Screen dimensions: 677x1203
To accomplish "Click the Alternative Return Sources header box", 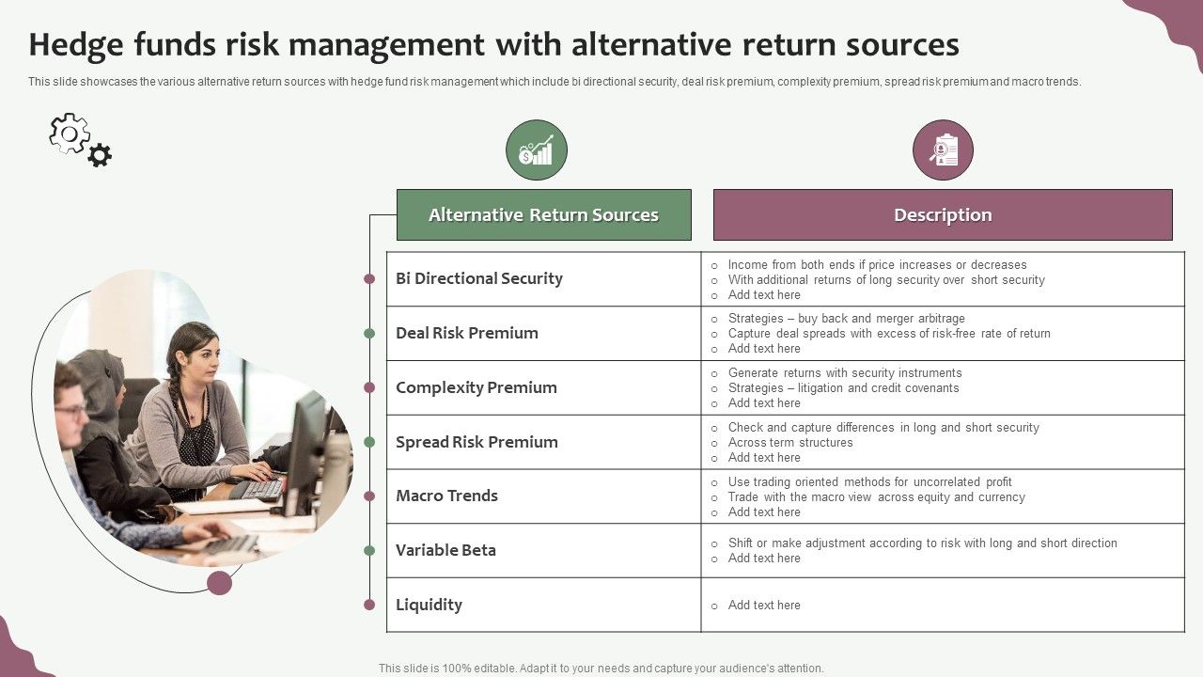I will pos(543,214).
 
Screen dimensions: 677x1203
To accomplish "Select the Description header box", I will pos(943,214).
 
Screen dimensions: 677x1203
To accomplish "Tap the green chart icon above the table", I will pos(537,150).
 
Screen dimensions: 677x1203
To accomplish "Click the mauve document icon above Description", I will pos(943,150).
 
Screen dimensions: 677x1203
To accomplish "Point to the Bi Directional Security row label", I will pos(478,278).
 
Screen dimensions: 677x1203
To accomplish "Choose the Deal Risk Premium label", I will pos(466,333).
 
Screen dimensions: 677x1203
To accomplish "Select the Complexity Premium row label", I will pos(476,387).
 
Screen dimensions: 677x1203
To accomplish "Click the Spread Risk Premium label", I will pos(477,442).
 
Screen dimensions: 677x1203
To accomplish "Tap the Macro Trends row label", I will pos(446,496).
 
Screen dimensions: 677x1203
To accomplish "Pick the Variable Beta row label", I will pos(445,550).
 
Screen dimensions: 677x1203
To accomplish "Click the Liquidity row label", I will pos(429,605).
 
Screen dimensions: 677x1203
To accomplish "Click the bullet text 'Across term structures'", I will pos(789,443).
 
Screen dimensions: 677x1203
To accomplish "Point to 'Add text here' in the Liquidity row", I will pos(763,606).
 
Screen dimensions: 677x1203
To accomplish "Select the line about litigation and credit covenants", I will pos(843,388).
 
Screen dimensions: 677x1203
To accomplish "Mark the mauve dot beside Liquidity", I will pos(369,605).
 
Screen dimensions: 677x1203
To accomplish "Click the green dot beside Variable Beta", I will pos(369,550).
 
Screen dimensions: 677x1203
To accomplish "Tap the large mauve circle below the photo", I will pos(220,582).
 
